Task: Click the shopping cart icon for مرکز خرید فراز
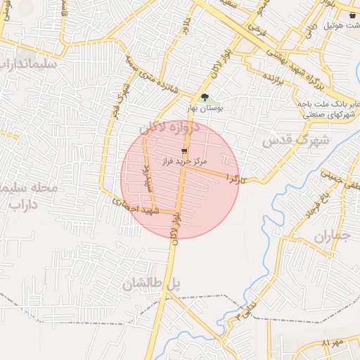pyautogui.click(x=184, y=150)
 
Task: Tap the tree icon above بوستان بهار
pyautogui.click(x=205, y=97)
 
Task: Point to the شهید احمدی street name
pyautogui.click(x=136, y=207)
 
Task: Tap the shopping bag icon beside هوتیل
pyautogui.click(x=352, y=14)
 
